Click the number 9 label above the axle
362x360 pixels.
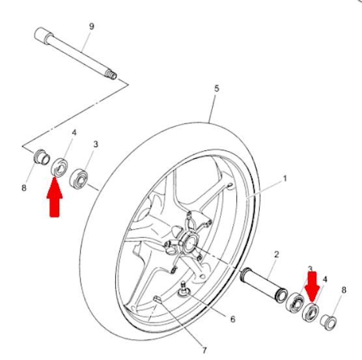coord(91,26)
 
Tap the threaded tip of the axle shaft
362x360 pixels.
coord(112,75)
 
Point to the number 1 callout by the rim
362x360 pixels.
coord(284,177)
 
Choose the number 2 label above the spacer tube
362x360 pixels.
coord(276,253)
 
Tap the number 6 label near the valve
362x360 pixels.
coord(232,319)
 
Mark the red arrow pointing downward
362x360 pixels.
coord(312,285)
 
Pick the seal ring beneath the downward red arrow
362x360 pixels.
coord(312,311)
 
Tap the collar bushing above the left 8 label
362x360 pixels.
coord(40,158)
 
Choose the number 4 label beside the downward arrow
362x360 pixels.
coord(325,279)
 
